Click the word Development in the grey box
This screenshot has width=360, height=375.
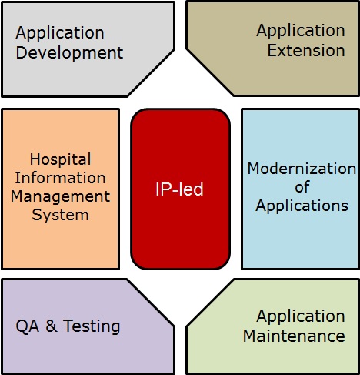[69, 53]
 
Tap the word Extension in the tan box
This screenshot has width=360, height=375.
[306, 50]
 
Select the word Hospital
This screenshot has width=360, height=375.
[61, 159]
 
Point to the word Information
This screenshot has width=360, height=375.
[60, 178]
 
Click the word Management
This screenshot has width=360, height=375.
[61, 197]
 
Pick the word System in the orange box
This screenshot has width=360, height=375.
[61, 216]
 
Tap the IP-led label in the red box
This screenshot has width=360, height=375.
[179, 189]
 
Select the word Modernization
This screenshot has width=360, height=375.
[302, 169]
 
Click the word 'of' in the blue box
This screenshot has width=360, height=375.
[302, 187]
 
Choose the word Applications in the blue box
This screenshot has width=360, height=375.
[302, 206]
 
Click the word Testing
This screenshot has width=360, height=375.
[92, 326]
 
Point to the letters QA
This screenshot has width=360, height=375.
[28, 326]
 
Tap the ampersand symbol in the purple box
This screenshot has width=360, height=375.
[52, 326]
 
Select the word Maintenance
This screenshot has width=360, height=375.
[294, 336]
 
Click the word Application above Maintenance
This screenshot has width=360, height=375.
[301, 316]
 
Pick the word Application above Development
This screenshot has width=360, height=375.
[60, 33]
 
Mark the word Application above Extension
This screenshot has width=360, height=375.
[301, 31]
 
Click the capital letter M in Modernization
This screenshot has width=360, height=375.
[253, 169]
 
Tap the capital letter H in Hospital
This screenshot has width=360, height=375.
[35, 159]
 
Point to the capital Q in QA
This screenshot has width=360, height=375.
[22, 326]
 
